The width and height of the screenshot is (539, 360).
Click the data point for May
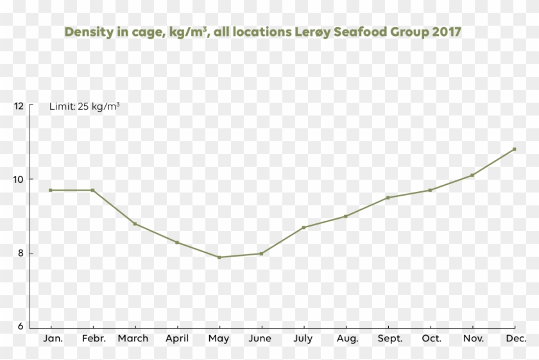pos(219,257)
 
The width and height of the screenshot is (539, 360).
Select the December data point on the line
pos(514,149)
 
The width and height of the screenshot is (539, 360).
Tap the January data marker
pos(51,190)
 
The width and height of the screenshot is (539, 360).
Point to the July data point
pos(304,227)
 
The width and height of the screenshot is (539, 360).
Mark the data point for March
pos(135,223)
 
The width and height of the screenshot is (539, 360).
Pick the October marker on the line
pos(430,190)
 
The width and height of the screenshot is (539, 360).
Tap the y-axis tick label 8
pos(19,253)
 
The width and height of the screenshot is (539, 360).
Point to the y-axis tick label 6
pos(19,327)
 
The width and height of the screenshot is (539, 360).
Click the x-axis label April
pos(177,338)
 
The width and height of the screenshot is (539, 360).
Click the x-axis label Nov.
pos(473,338)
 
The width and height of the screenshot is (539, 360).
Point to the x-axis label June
pos(261,338)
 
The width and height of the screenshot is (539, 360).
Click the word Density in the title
pos(87,32)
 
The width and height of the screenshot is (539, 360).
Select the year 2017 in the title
pos(446,32)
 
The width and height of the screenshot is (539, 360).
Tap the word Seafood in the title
pos(360,32)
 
